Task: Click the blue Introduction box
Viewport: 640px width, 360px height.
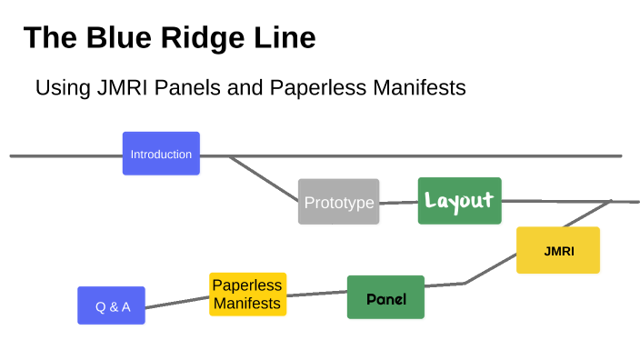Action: tap(161, 154)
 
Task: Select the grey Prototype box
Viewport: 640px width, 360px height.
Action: tap(338, 202)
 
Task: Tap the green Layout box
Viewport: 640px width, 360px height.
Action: tap(459, 201)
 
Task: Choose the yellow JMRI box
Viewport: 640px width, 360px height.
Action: tap(558, 250)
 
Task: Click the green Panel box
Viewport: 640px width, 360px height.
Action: tap(385, 297)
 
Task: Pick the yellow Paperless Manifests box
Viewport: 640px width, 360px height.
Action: tap(247, 295)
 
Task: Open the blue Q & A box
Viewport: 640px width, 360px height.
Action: tap(111, 305)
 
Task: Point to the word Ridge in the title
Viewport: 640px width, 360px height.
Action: tap(205, 37)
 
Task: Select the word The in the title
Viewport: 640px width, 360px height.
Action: tap(47, 37)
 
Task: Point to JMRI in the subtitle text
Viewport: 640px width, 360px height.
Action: tap(112, 88)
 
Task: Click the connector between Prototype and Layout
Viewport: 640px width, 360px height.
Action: tap(398, 202)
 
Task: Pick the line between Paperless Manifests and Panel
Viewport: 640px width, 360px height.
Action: tap(316, 293)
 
